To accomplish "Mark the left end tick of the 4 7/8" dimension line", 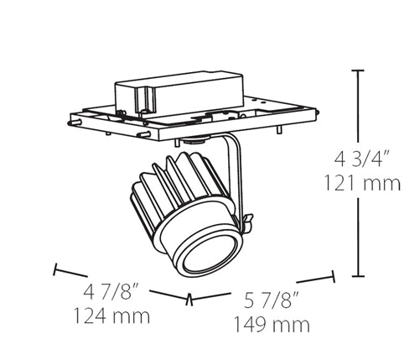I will [x=55, y=270].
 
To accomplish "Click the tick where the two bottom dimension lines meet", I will [x=190, y=298].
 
